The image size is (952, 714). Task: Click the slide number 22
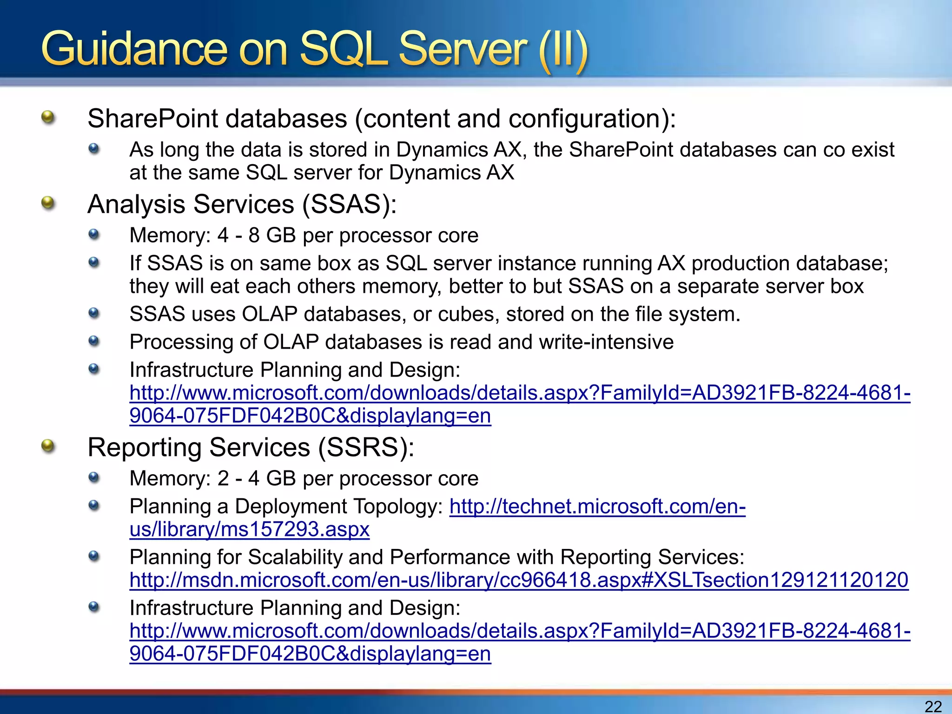coord(933,706)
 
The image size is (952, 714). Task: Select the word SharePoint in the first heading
coord(152,119)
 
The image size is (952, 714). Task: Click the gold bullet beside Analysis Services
coord(48,203)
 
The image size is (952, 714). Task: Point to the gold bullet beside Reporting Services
coord(48,446)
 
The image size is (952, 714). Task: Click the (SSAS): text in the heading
coord(350,205)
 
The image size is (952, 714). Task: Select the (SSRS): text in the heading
coord(366,448)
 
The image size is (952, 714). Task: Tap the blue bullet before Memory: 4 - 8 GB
coord(94,234)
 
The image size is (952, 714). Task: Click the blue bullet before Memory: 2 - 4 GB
coord(94,477)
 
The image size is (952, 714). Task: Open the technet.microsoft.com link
coord(597,507)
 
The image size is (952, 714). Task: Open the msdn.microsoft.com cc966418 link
coord(518,580)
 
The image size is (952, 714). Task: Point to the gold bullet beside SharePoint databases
coord(48,117)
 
